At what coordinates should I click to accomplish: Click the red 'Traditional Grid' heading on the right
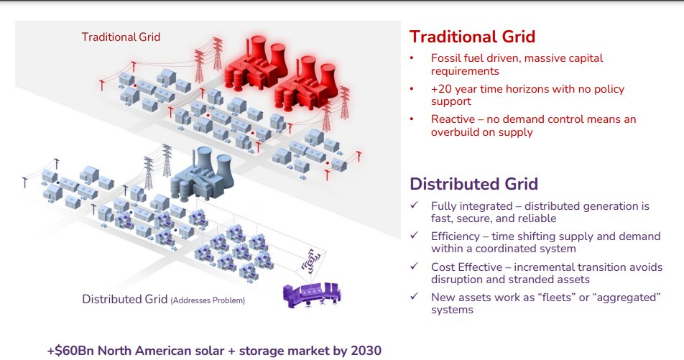pos(472,37)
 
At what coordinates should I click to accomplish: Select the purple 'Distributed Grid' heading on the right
pos(473,184)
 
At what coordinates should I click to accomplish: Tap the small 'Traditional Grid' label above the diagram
pos(121,37)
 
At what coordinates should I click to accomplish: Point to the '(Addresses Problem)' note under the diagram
pos(207,300)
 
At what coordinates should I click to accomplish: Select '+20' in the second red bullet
pos(440,89)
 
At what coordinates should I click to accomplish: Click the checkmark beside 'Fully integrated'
pos(414,206)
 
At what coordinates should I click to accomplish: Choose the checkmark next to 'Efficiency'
pos(414,236)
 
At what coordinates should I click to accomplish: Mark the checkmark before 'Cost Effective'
pos(414,267)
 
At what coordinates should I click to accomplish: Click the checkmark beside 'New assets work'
pos(414,297)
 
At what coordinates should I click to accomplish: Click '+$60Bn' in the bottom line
pos(70,351)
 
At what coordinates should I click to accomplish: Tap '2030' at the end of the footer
pos(366,351)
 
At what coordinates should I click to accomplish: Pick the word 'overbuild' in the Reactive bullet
pos(456,132)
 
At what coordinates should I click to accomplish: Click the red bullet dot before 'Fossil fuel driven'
pos(412,58)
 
